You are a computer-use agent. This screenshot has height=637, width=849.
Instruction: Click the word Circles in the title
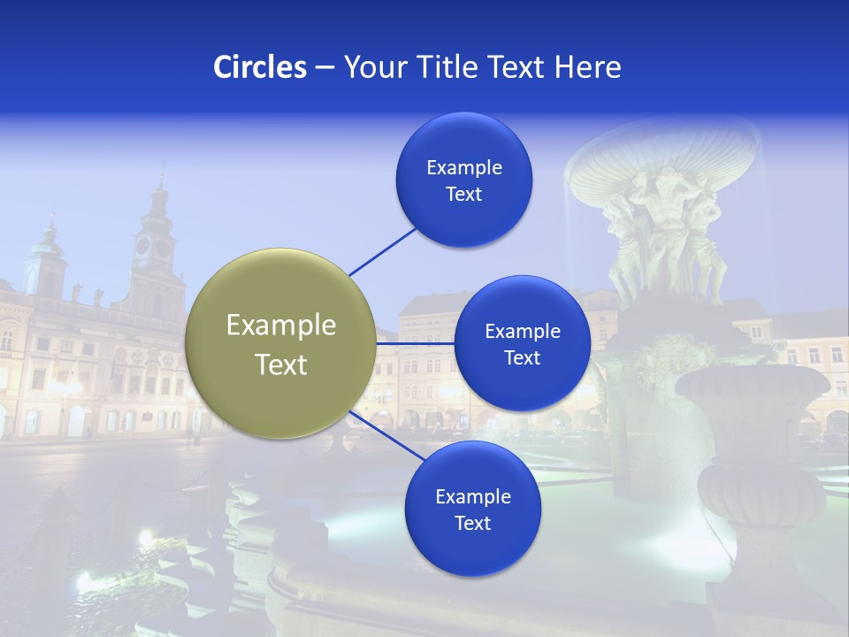(x=259, y=67)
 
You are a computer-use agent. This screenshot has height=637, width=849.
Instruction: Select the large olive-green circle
(x=281, y=344)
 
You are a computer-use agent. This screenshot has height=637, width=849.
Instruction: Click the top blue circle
(x=464, y=180)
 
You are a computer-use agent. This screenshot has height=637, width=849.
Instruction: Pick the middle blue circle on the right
(x=522, y=344)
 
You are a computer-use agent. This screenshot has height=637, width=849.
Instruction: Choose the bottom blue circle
(x=472, y=509)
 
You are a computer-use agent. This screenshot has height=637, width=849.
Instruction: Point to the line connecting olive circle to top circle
(x=382, y=250)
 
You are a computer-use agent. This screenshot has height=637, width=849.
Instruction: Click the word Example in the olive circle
(x=281, y=326)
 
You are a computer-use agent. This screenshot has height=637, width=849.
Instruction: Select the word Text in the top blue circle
(x=464, y=195)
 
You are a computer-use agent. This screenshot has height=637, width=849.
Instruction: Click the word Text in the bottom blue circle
(x=472, y=524)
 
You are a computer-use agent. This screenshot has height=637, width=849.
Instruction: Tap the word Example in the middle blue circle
(x=522, y=332)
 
